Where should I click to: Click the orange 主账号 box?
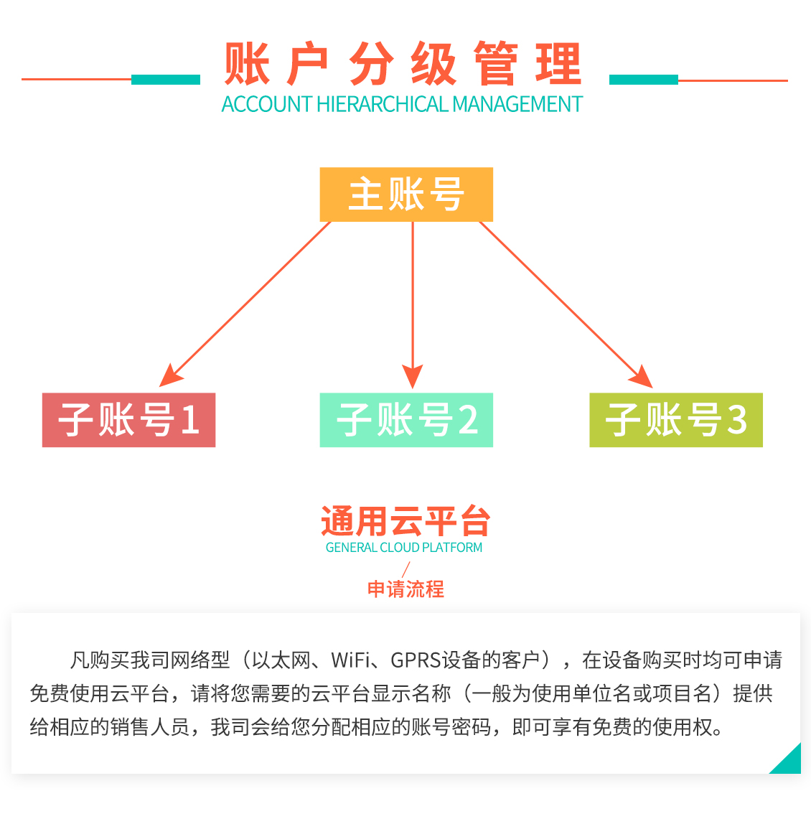coord(406,195)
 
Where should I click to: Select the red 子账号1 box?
coord(128,420)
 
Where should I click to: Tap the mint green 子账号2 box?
coord(406,420)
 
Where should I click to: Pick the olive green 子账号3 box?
coord(675,420)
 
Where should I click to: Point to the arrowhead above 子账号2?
coord(413,376)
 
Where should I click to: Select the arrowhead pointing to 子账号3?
coord(641,377)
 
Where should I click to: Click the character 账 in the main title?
coord(246,65)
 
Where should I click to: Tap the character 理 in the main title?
coord(558,65)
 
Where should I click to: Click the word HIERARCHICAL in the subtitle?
coord(383,105)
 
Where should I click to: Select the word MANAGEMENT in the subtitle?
coord(517,105)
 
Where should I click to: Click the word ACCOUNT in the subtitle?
coord(266,105)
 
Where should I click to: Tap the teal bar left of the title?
coord(166,80)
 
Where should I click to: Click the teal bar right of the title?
coord(643,80)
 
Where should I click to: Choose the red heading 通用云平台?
coord(405,522)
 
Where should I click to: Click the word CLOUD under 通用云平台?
coord(400,548)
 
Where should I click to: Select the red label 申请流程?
coord(405,589)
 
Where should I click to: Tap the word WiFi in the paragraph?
coord(352,660)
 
